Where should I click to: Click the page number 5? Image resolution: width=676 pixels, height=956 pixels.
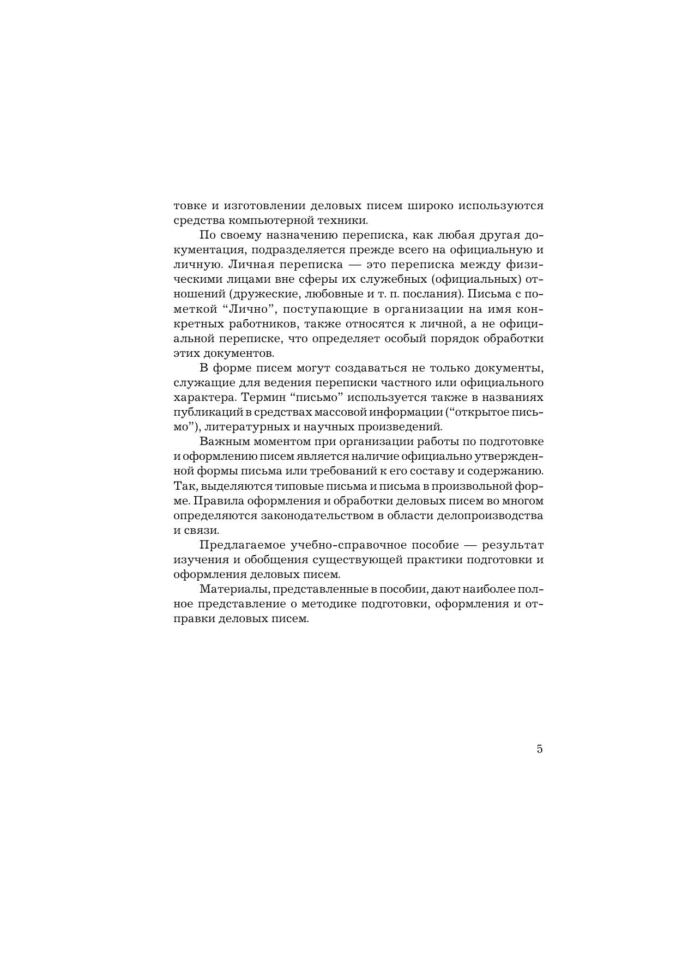(x=539, y=749)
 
